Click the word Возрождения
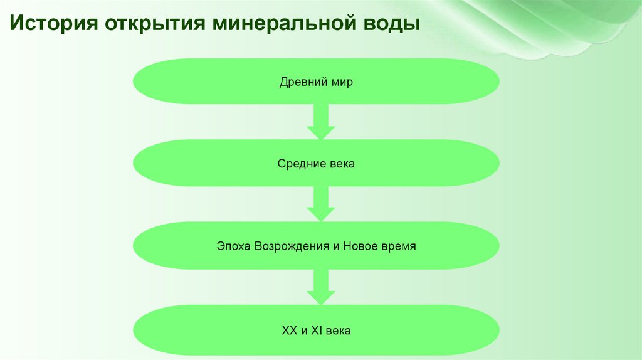[x=292, y=246]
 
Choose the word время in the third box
[x=401, y=246]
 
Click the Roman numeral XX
[x=290, y=329]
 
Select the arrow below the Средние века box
[x=321, y=204]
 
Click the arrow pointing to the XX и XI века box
[x=321, y=287]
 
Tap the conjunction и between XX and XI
[x=302, y=329]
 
